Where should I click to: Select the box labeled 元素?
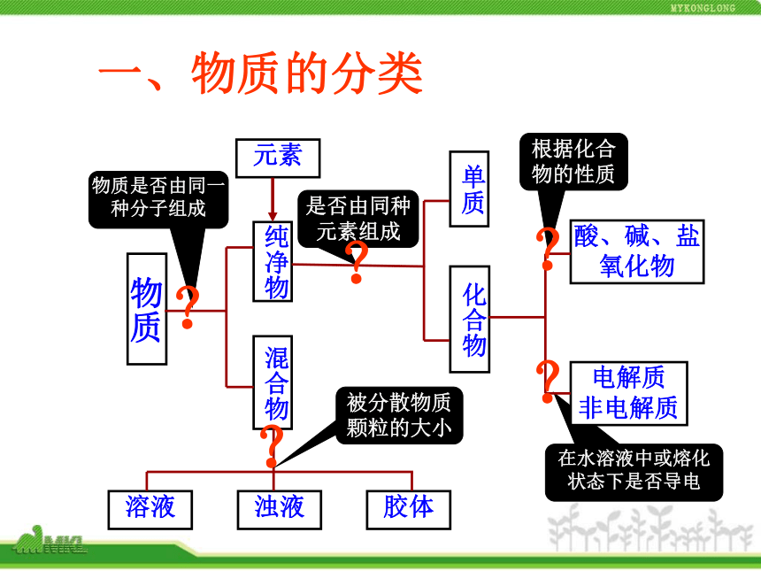pos(278,158)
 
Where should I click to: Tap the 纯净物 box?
pos(273,262)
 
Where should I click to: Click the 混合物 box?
pos(273,382)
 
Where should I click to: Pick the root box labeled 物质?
pos(147,309)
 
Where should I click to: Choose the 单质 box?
pos(469,189)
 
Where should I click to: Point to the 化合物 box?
pos(469,320)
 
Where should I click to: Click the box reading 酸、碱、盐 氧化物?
pos(637,251)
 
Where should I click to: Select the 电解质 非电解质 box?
pos(629,393)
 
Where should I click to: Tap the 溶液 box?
pos(150,510)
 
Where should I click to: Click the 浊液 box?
pos(280,510)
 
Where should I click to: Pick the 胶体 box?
pos(409,510)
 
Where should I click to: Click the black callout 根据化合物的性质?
pos(573,161)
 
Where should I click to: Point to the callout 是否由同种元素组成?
pos(358,219)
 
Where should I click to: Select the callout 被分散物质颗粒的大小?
pos(399,415)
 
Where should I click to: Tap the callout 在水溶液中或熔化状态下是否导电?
pos(634,472)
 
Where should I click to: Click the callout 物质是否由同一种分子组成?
pos(158,199)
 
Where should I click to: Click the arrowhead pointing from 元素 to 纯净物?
pos(273,216)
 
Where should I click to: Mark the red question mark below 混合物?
pos(272,445)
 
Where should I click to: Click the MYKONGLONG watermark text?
pos(703,8)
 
